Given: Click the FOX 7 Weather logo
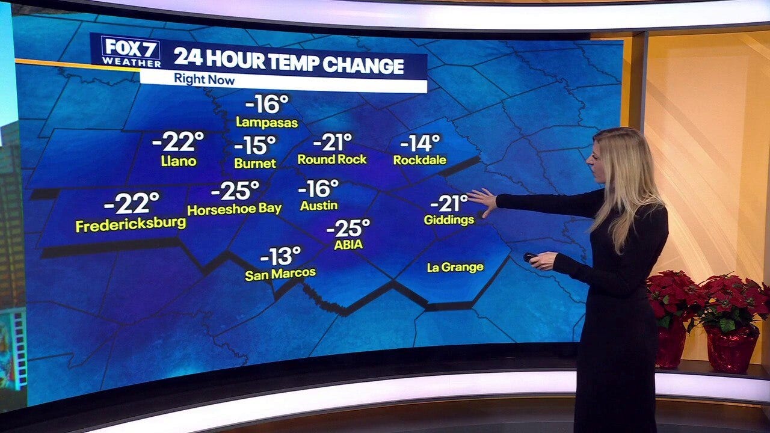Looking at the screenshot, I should point(131,52).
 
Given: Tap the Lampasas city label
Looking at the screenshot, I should point(266,123).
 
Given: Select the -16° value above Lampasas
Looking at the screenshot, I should point(267,104).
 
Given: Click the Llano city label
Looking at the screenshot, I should point(179,161).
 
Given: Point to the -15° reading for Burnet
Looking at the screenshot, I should point(254,145).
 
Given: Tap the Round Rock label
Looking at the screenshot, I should point(332,159).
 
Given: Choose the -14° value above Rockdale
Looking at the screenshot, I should point(420,143).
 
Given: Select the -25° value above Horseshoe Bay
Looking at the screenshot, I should point(235,191).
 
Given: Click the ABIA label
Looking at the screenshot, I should point(348,245).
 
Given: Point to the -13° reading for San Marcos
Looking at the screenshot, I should point(280,256).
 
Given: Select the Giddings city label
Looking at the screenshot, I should point(449,220).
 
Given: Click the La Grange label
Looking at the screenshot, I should point(455,267).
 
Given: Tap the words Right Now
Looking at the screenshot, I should point(204,79).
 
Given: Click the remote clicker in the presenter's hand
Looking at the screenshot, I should point(530,257).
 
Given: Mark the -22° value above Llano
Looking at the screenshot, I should point(178,142).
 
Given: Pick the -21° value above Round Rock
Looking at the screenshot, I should point(332,142).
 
